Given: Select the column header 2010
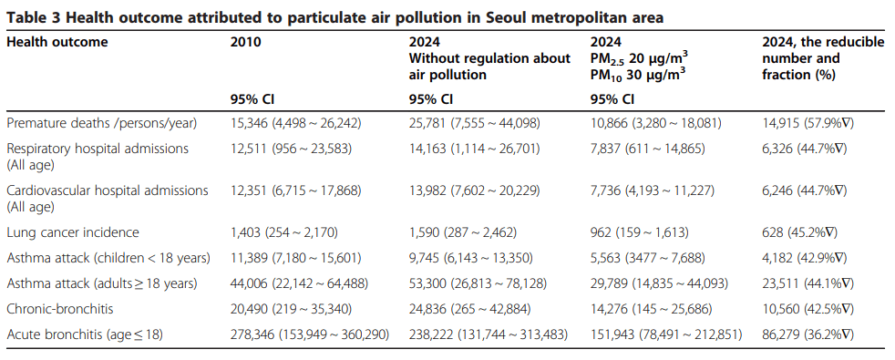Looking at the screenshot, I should coord(245,42).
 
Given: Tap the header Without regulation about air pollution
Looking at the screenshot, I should coord(489,67).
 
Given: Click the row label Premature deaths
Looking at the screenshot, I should coord(102,121).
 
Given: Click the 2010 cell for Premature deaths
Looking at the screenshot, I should coord(298,121).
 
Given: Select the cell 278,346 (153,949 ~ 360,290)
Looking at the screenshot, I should coord(310,334).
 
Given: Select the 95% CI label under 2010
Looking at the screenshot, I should coord(250,98).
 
